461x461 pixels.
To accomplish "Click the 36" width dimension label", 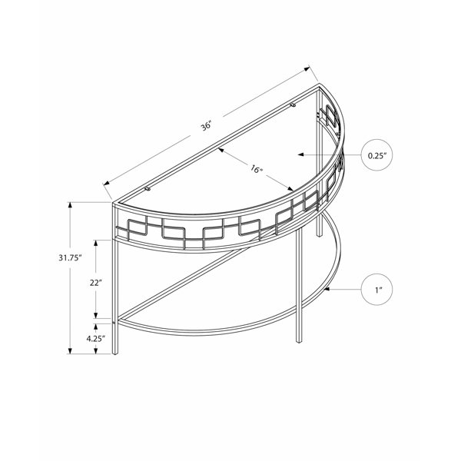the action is (x=206, y=127).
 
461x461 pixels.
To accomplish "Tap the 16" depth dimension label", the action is (x=256, y=169).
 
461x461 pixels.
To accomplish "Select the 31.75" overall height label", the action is (x=70, y=258).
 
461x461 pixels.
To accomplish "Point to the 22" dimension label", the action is (x=96, y=283).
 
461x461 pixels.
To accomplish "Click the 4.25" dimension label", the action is (x=96, y=338).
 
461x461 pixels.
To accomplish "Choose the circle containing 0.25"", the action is (x=376, y=155).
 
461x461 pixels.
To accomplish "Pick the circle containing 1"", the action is (x=376, y=290).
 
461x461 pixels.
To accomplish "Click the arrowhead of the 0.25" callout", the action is (x=300, y=154).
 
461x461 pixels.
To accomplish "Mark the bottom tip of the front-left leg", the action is (x=115, y=353).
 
